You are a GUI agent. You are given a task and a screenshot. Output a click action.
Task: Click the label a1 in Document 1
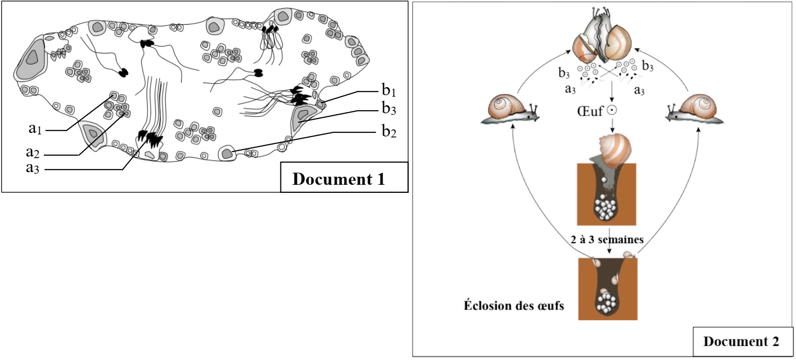[35, 129]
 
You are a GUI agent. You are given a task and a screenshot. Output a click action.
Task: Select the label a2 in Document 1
[32, 153]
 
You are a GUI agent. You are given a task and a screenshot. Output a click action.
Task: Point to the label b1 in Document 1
[389, 91]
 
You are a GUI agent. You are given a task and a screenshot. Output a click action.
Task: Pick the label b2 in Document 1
[389, 131]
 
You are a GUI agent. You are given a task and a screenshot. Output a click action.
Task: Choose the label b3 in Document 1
[389, 108]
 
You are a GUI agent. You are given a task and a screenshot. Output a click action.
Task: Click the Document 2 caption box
[741, 342]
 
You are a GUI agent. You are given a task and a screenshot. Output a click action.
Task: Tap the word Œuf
[590, 111]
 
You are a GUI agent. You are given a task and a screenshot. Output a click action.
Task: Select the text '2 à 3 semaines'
[607, 240]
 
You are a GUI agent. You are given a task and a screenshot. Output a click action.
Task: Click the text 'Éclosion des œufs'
[514, 306]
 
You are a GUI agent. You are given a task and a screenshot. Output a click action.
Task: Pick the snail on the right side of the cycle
[697, 109]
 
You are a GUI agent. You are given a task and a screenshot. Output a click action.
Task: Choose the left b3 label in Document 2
[564, 73]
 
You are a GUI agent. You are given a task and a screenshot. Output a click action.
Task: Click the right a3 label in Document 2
[639, 90]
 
